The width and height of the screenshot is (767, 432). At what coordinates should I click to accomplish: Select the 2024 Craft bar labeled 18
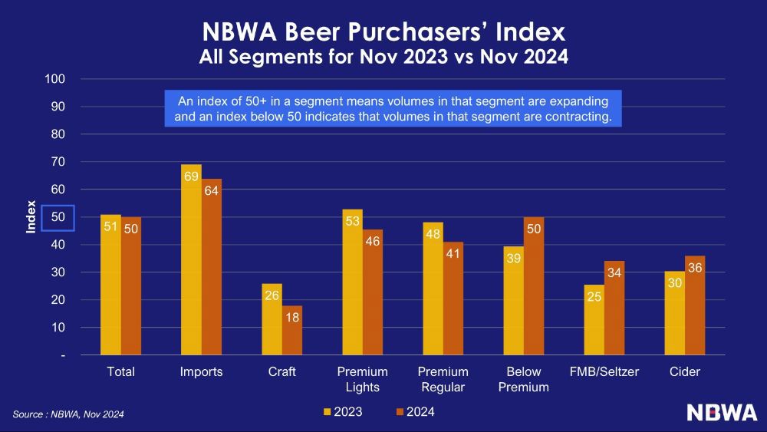point(292,330)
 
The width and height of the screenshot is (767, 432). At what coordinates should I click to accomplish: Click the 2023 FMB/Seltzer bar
point(594,320)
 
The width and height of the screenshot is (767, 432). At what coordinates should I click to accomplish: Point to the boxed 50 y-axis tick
point(58,218)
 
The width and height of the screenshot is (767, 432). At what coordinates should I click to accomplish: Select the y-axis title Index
point(31,218)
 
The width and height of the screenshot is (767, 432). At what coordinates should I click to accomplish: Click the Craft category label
point(281,372)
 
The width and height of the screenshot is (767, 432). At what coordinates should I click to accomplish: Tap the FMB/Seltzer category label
point(604,372)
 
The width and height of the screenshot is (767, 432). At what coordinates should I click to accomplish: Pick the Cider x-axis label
point(684,372)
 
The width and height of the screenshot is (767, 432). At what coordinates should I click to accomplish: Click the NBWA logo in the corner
point(722,412)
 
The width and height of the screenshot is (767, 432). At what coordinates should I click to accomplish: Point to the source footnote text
point(68,414)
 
